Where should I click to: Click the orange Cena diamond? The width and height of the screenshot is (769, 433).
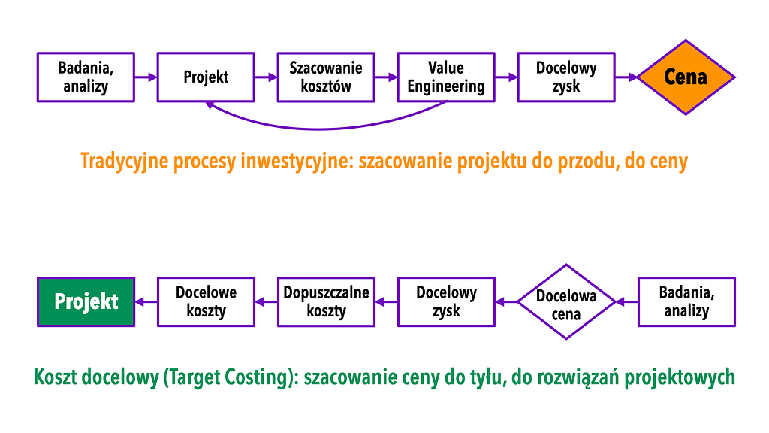[686, 77]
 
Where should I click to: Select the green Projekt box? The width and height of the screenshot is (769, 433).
[86, 301]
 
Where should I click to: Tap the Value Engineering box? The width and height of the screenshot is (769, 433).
[446, 77]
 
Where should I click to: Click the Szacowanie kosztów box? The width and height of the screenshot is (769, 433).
[326, 77]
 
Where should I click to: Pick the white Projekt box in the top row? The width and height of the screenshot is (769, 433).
[206, 77]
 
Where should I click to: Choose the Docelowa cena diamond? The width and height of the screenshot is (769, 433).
[566, 302]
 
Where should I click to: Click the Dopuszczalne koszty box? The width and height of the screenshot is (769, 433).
[326, 301]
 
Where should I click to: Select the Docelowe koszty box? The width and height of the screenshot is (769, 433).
[206, 301]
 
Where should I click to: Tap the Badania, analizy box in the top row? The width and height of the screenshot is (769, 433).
[86, 77]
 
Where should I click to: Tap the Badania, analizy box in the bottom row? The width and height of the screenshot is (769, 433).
[686, 301]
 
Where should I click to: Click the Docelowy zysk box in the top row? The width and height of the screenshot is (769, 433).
[566, 77]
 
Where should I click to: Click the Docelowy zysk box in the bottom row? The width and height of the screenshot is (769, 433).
[446, 301]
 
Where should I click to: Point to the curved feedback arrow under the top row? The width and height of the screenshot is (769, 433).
[318, 129]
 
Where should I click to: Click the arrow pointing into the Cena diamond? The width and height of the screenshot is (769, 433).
[626, 77]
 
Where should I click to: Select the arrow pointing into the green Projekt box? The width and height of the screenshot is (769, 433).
[146, 302]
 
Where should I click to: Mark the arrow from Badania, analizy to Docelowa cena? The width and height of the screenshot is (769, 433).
[627, 302]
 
